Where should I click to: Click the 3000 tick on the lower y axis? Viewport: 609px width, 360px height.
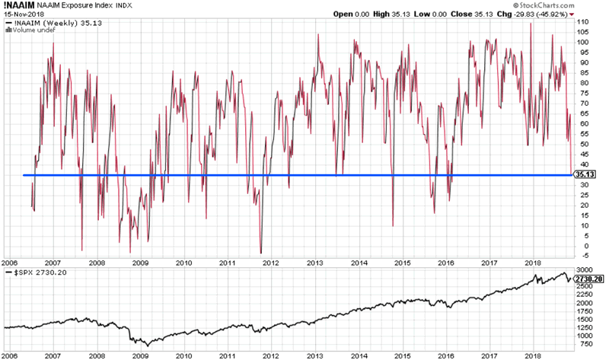click(583, 270)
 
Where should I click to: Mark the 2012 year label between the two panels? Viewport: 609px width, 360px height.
click(272, 262)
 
